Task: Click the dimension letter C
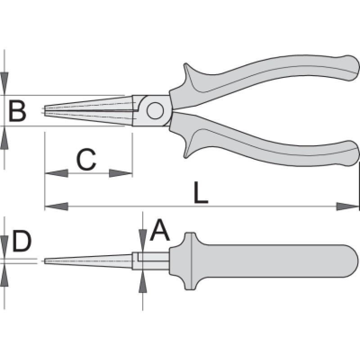coord(86,160)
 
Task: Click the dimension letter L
coord(201,193)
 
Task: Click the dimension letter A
coord(159,231)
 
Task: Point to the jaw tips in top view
coord(45,110)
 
